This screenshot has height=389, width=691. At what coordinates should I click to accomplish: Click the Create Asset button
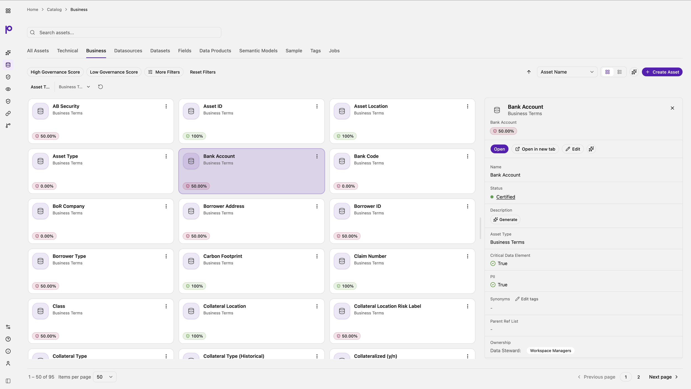click(662, 72)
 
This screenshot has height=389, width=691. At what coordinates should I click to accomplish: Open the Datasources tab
click(128, 51)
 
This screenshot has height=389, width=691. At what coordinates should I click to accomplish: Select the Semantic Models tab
click(258, 51)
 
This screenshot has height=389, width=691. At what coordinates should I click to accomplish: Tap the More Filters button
click(164, 72)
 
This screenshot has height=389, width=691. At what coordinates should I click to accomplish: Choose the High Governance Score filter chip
click(55, 72)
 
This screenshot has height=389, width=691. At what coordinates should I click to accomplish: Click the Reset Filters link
click(203, 72)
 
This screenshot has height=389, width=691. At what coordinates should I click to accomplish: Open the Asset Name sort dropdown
click(567, 72)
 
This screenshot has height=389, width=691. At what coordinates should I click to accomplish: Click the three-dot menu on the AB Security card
click(166, 106)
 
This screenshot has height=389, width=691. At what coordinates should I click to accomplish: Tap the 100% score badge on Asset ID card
click(194, 136)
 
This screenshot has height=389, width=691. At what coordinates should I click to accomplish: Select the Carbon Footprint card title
click(223, 256)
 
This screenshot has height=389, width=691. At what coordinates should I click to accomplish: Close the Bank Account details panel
click(672, 108)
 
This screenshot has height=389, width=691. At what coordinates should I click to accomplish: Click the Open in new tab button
click(535, 149)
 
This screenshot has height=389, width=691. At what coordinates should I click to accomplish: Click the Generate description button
click(505, 220)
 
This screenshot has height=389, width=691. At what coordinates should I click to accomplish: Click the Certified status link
click(506, 197)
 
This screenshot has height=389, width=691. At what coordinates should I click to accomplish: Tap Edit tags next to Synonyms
click(527, 299)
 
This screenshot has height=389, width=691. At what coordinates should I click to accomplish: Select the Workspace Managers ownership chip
click(550, 351)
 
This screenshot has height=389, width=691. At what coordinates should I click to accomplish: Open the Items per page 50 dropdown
click(105, 377)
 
